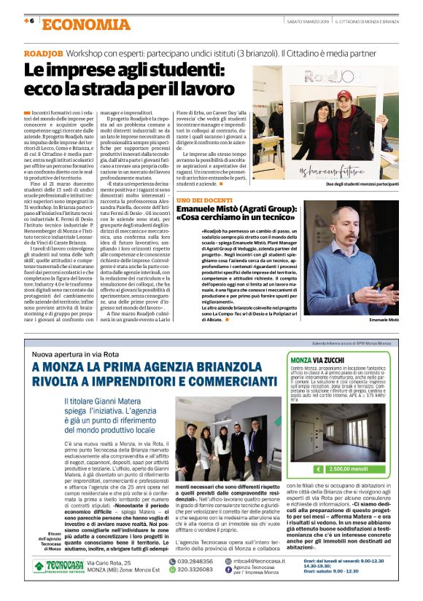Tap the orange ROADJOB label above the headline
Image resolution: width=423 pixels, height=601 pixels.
(x=42, y=55)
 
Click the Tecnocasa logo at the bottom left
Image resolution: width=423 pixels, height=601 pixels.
(x=57, y=565)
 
